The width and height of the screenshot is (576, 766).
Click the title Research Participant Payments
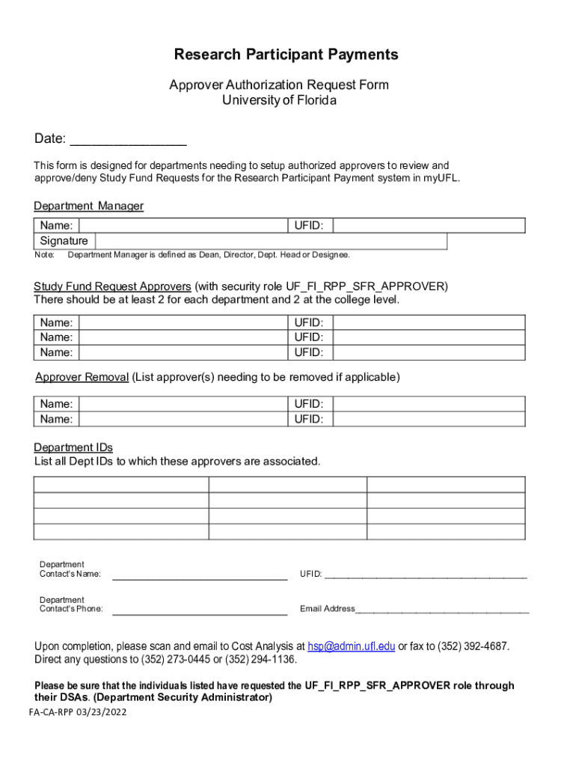[x=286, y=55]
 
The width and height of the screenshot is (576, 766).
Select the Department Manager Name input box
[x=183, y=225]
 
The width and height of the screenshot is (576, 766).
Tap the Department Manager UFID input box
[x=429, y=225]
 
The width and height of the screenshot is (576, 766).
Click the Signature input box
[x=270, y=241]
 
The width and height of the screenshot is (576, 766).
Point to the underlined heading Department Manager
[x=88, y=206]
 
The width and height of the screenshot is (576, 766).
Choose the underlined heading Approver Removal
[x=82, y=377]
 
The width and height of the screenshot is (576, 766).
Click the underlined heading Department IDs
[x=73, y=447]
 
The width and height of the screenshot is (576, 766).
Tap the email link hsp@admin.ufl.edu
[x=351, y=646]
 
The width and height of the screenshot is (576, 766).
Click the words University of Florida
[x=279, y=99]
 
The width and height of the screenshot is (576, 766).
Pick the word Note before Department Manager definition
[x=45, y=255]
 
